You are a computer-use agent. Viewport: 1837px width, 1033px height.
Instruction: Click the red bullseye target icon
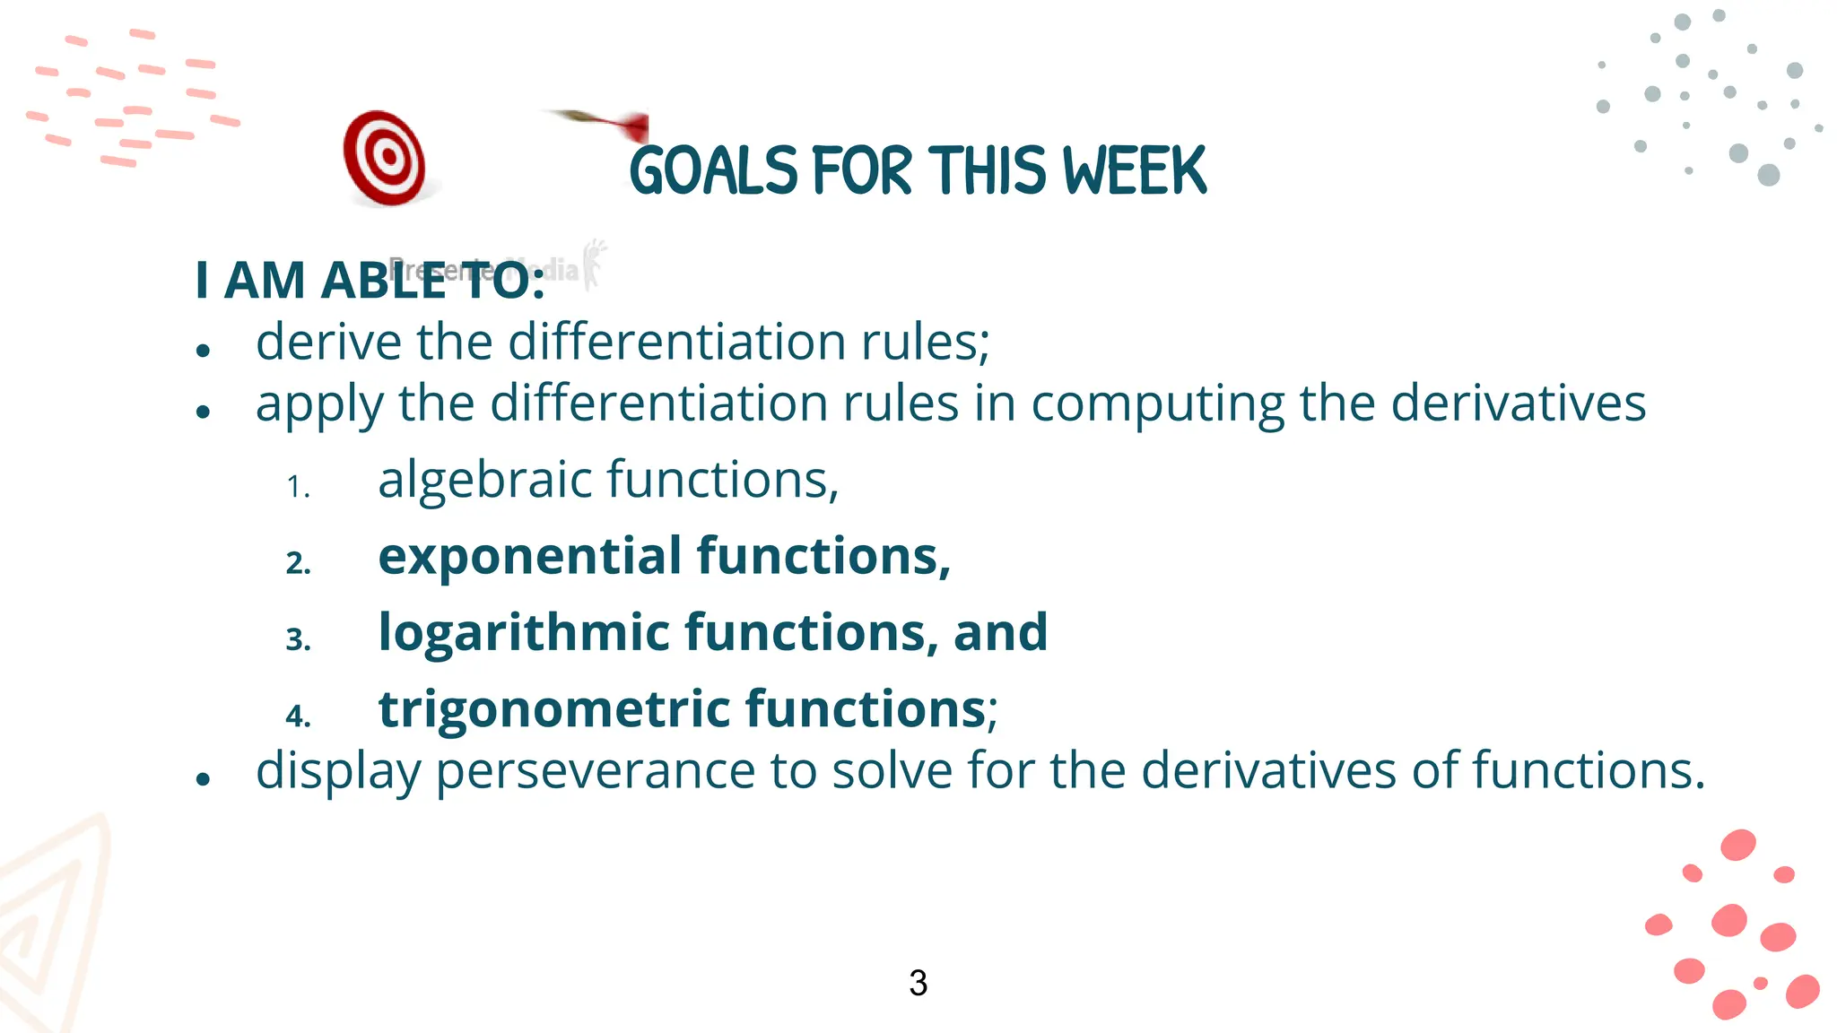(386, 158)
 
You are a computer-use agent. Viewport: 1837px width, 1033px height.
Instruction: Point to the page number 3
(918, 983)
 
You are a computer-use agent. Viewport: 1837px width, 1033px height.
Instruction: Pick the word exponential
(529, 557)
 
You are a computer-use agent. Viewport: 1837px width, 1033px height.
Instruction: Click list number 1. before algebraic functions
(298, 488)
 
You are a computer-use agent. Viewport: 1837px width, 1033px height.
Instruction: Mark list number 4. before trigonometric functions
(298, 716)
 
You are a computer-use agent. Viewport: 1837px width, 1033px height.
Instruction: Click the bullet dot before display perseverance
(203, 779)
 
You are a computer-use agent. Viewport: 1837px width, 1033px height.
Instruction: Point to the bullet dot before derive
(203, 351)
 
